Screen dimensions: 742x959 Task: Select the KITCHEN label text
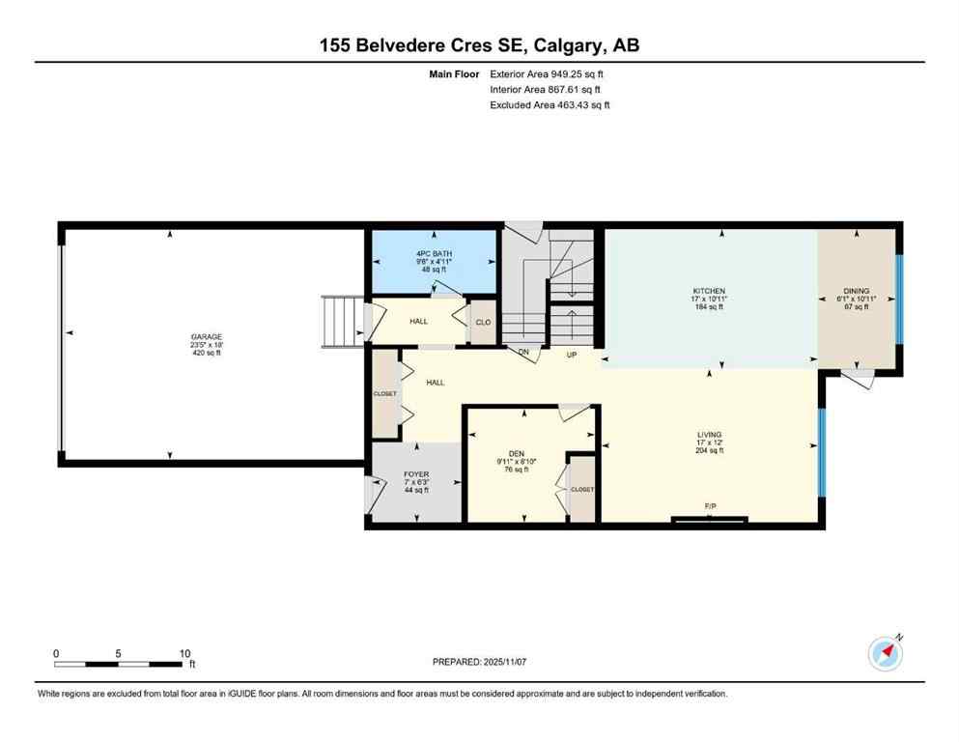coord(709,291)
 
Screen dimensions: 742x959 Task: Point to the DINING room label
coord(856,291)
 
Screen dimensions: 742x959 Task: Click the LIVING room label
coord(709,435)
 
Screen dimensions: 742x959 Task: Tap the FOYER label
coord(416,473)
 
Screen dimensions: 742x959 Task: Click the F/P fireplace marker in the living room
coord(710,506)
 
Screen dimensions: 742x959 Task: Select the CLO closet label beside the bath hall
coord(482,323)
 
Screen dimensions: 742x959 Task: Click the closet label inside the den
coord(582,490)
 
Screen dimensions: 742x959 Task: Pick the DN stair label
coord(523,354)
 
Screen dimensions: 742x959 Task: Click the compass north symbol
coord(886,654)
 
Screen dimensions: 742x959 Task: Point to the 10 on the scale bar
coord(184,652)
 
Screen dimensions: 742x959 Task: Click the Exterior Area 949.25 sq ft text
coord(550,73)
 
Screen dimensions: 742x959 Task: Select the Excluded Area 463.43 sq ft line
coord(550,104)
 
